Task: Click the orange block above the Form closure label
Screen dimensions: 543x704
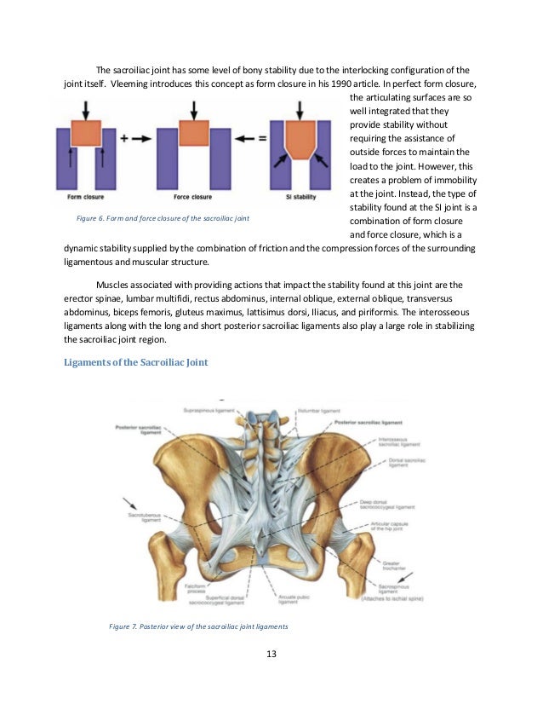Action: (x=85, y=133)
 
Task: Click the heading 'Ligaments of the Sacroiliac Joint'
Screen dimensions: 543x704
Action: (x=135, y=363)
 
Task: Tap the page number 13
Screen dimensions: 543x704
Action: (x=271, y=655)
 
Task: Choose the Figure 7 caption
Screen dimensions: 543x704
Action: (x=197, y=626)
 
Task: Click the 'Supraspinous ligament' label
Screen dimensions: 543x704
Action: (x=209, y=410)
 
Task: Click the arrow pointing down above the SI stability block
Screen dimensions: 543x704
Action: (x=299, y=110)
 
